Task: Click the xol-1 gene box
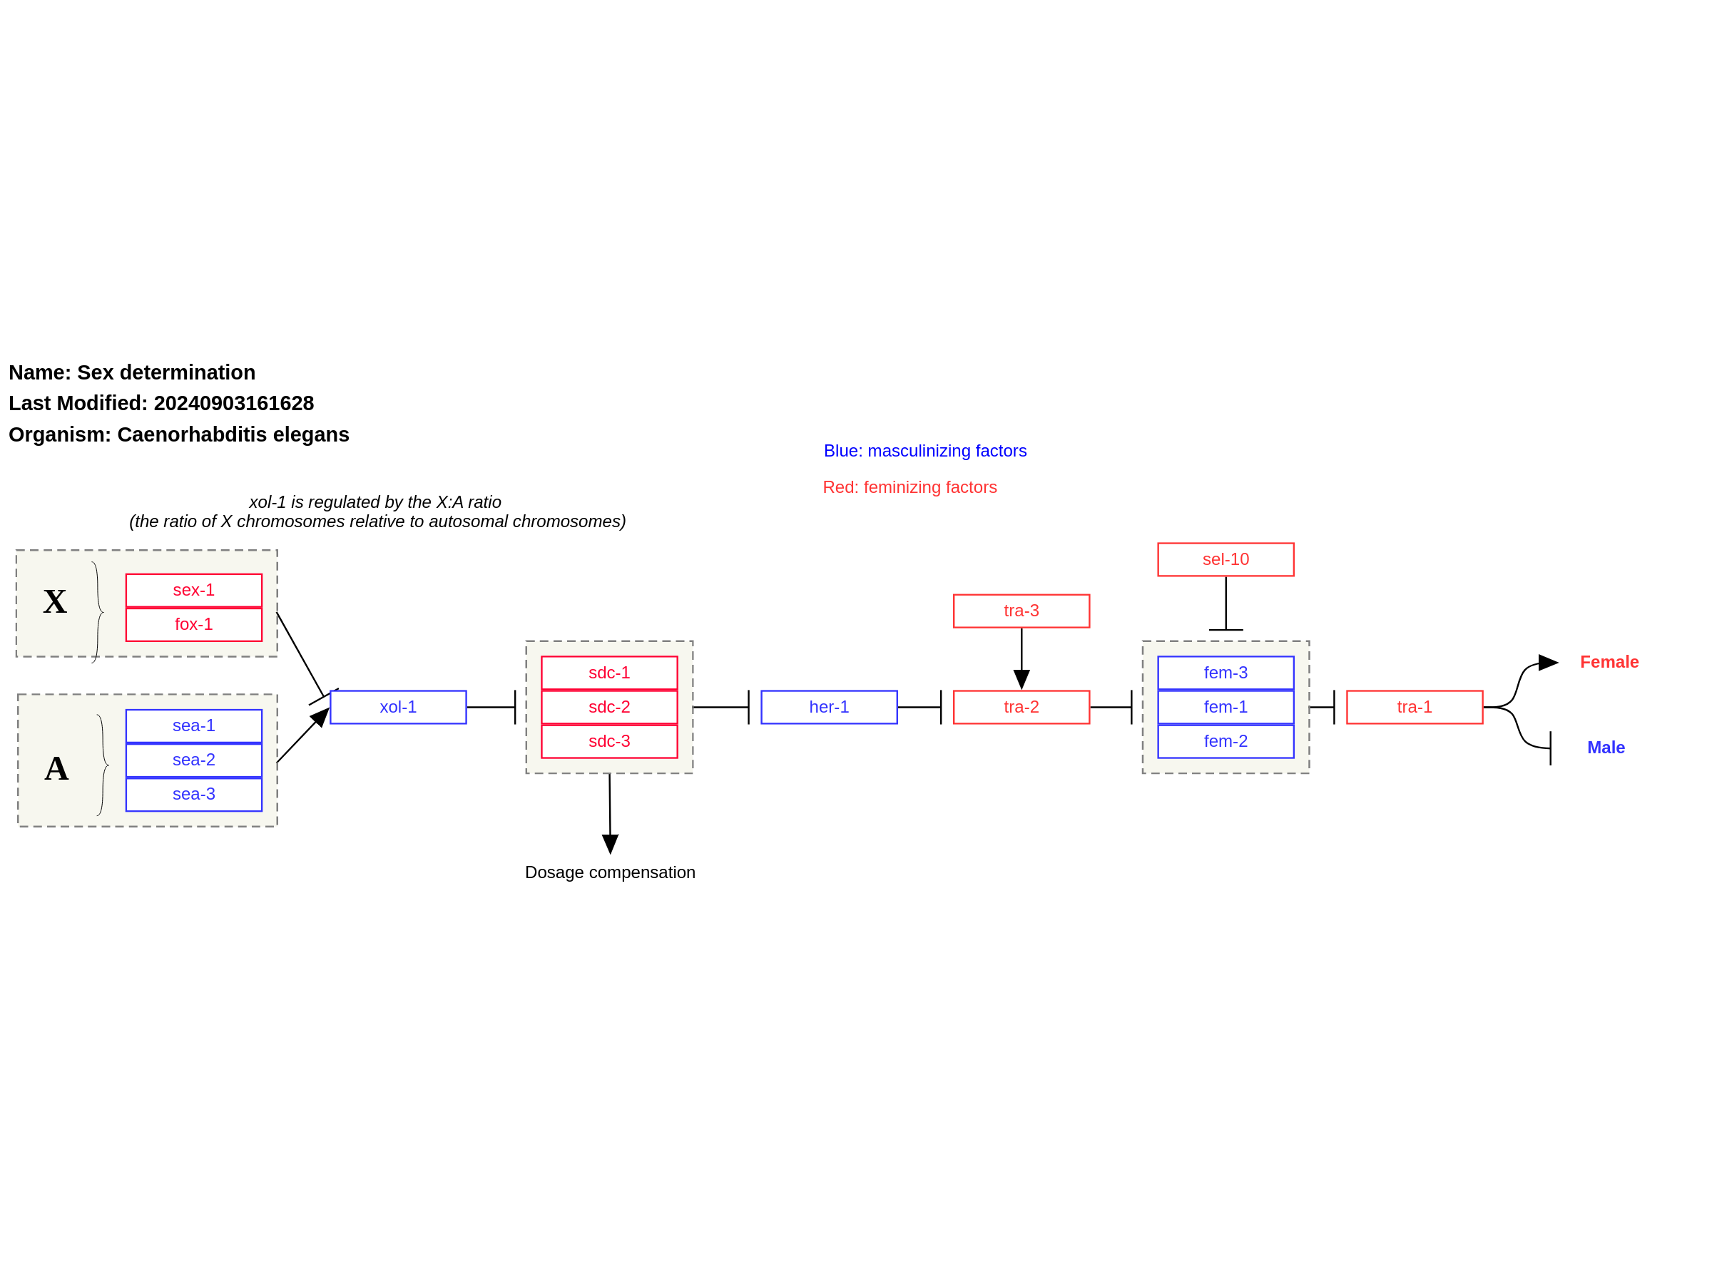pos(398,707)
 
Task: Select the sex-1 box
pos(193,590)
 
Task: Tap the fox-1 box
pos(193,624)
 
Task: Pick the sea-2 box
pos(193,759)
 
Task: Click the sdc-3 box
pos(609,740)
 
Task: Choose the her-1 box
pos(829,707)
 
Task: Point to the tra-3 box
pos(1021,611)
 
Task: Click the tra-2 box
pos(1021,707)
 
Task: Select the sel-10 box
pos(1226,559)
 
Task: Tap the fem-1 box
pos(1226,707)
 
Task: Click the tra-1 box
pos(1414,707)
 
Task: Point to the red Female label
pos(1609,662)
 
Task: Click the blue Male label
pos(1605,748)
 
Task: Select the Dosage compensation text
pos(610,872)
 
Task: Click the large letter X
pos(55,601)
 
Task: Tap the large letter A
pos(56,768)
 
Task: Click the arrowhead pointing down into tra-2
pos(1021,680)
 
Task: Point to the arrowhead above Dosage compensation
pos(610,845)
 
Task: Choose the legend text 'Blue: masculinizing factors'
pos(925,450)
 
